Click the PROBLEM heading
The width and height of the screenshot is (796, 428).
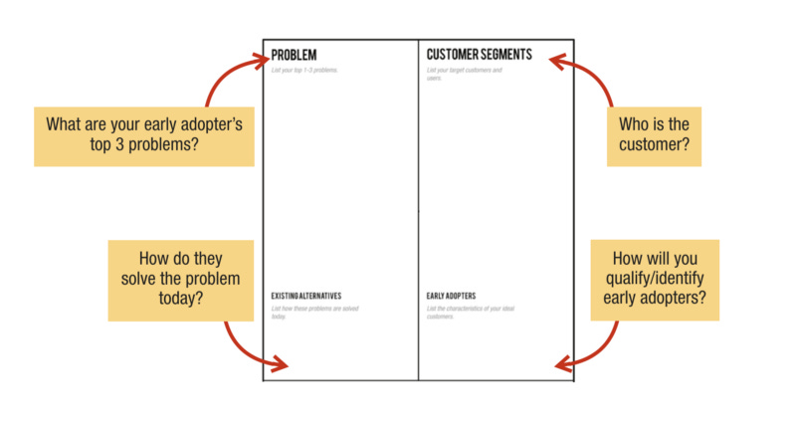tap(294, 55)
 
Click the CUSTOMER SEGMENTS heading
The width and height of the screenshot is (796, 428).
tap(479, 55)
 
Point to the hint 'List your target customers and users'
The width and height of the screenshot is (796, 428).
tap(464, 74)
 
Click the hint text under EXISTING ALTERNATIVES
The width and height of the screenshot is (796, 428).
tap(315, 313)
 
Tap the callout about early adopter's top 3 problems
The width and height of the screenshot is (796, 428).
tap(144, 136)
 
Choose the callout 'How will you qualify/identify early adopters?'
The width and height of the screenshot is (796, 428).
tap(655, 280)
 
